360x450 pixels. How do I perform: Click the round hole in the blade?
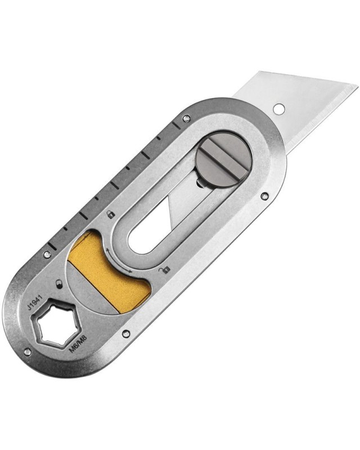pos(278,109)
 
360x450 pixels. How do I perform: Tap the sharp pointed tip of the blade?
pos(358,85)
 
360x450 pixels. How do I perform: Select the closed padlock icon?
pos(111,214)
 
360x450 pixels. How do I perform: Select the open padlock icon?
pos(164,269)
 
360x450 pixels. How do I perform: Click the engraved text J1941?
pos(35,301)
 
